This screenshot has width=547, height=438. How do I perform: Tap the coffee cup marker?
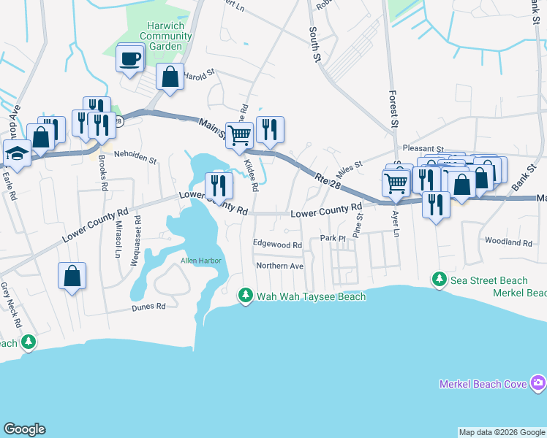pos(130,59)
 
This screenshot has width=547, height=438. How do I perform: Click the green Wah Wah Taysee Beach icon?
pos(246,296)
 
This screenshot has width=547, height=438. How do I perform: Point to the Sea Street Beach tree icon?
pos(439,280)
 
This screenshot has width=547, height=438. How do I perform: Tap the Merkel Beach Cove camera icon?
pos(539,383)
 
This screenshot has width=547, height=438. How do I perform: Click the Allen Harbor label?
pos(201,261)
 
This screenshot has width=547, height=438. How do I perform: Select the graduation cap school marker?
pos(15,154)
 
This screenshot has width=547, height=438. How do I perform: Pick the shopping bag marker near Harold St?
pos(170,77)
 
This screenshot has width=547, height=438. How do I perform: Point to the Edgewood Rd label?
pos(276,245)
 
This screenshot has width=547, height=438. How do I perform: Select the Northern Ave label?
pos(279,266)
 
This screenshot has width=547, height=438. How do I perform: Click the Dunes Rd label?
pos(149,307)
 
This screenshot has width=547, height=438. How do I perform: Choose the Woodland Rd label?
pos(508,242)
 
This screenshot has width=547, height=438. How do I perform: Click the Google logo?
pos(24,429)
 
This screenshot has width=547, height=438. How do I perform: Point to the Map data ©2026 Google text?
pos(502,432)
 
